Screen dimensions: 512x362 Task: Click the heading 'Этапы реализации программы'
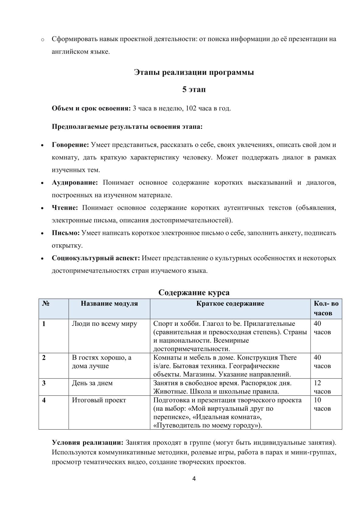click(x=194, y=73)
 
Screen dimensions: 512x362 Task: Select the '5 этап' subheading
click(x=194, y=90)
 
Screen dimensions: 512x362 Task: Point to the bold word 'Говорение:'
click(x=70, y=145)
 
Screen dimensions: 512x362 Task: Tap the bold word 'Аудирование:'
click(x=75, y=183)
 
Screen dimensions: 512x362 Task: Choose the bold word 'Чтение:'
click(x=65, y=208)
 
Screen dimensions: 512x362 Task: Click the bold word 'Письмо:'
click(x=66, y=233)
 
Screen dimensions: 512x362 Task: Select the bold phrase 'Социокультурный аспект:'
click(x=96, y=258)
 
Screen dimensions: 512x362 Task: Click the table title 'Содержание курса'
click(x=194, y=293)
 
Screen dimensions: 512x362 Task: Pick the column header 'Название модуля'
click(x=109, y=304)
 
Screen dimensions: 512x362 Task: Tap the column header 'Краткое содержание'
click(x=230, y=304)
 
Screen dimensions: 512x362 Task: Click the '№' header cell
click(x=46, y=304)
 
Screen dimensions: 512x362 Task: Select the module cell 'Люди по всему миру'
click(x=104, y=324)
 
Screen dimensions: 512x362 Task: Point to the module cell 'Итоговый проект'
click(x=99, y=400)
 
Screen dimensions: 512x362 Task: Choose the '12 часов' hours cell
click(x=322, y=387)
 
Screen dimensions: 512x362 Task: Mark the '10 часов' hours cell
click(x=322, y=404)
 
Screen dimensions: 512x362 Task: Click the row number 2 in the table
click(x=44, y=358)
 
